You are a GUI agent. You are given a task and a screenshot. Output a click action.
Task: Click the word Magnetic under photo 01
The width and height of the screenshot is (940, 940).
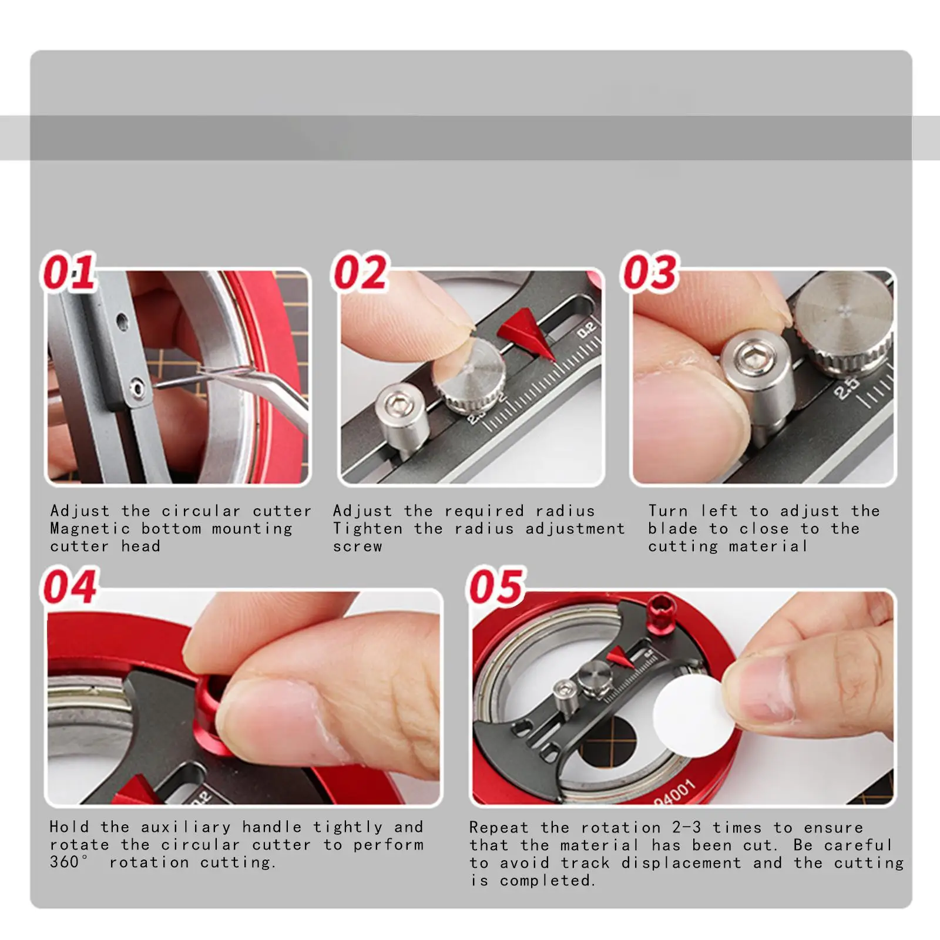pos(90,529)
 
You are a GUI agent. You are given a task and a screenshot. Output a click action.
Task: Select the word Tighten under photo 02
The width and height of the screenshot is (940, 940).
pos(368,529)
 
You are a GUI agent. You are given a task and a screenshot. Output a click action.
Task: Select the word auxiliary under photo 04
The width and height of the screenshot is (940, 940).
pos(186,827)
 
